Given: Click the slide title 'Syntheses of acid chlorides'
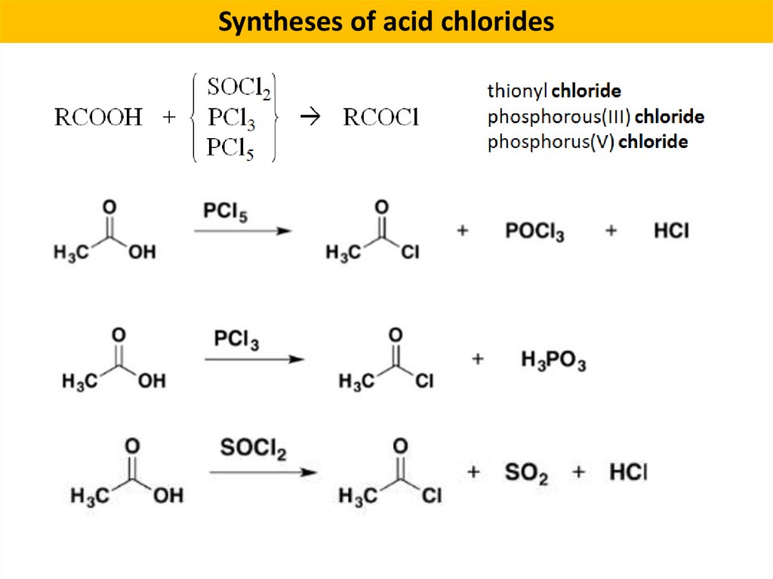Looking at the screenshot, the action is [x=386, y=22].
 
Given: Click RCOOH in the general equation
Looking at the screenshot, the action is [x=98, y=118].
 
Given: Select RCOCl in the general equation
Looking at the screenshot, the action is [x=380, y=118].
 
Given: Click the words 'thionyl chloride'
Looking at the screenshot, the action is [x=554, y=92].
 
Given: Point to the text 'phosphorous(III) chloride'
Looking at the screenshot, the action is [x=596, y=117].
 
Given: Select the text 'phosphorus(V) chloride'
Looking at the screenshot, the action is [x=587, y=142].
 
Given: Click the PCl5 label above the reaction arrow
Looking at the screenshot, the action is [x=225, y=212].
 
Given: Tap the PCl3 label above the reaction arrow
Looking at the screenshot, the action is [x=236, y=340].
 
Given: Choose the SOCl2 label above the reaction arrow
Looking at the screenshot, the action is [x=253, y=448].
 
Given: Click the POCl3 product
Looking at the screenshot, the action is [x=534, y=232].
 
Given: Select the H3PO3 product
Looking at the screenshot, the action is [x=553, y=361].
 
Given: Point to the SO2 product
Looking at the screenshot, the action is [x=526, y=474].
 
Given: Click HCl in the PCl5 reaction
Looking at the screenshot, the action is [x=671, y=231].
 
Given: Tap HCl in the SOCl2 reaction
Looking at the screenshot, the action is [x=628, y=473].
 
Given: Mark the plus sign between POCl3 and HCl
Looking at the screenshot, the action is [x=611, y=230].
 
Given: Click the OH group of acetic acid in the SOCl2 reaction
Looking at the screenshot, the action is [x=168, y=496].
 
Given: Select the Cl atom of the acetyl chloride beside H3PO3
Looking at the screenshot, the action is [x=424, y=381].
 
